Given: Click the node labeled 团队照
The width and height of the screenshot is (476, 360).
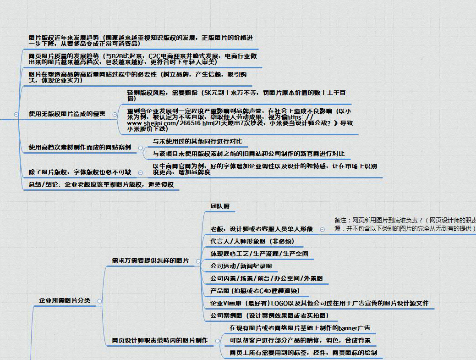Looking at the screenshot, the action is [220, 207].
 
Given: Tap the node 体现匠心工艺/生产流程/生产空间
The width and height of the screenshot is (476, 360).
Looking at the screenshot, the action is [259, 254].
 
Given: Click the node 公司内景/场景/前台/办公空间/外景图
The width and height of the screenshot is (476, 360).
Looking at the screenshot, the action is [267, 278].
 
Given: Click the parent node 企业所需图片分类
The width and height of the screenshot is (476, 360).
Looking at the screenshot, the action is [65, 301].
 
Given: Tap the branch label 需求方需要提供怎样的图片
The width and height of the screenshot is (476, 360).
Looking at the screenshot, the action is [150, 260].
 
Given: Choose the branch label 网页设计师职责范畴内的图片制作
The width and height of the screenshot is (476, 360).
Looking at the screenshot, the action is [159, 340].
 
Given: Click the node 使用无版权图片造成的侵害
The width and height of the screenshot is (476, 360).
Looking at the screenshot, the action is [67, 114].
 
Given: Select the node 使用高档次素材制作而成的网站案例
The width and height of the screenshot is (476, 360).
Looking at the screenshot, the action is [80, 148].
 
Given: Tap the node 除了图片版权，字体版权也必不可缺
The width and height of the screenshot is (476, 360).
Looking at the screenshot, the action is [80, 172].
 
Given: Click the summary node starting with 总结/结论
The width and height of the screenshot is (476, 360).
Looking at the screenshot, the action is [100, 185].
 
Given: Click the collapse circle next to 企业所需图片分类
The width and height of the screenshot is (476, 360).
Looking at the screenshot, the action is [99, 301].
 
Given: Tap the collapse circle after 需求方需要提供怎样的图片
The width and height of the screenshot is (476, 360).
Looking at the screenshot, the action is [198, 261].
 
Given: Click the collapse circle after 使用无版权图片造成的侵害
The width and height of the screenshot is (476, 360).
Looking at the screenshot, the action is [115, 114].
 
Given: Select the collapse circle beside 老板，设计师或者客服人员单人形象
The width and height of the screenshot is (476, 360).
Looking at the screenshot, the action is [323, 229].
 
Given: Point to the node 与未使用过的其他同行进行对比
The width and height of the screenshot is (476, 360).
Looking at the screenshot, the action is [197, 141].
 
